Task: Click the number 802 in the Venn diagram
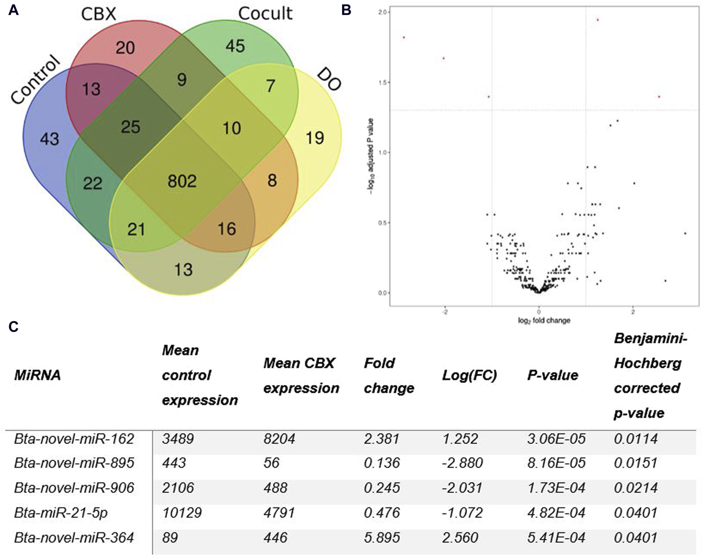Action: [x=182, y=181]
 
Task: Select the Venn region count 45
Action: [x=235, y=46]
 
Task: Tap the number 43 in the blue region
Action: [x=50, y=139]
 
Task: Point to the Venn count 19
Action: [x=315, y=138]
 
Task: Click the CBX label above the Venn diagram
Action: [x=98, y=15]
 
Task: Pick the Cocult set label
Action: [x=265, y=14]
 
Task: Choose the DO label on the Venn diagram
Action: [x=330, y=79]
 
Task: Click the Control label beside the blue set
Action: [x=35, y=81]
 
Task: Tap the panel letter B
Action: [x=346, y=10]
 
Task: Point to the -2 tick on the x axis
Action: [x=445, y=312]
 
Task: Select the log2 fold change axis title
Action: [x=544, y=321]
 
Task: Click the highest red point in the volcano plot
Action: [x=597, y=20]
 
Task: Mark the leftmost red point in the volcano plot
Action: [x=404, y=37]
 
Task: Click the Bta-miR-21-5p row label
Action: [x=61, y=513]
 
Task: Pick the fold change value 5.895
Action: [x=382, y=538]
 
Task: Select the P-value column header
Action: [x=553, y=375]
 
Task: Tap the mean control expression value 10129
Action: [x=182, y=513]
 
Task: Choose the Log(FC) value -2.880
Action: [x=462, y=463]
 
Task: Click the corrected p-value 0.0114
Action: [x=636, y=439]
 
